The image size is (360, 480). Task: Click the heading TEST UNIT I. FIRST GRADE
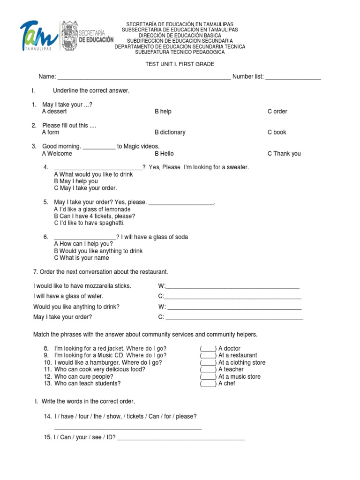click(180, 64)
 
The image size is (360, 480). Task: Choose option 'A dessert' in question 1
click(54, 112)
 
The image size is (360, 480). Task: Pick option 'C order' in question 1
click(277, 112)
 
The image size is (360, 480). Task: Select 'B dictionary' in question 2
click(170, 133)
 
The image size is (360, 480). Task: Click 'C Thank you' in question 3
click(284, 154)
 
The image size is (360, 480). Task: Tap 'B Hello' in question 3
click(164, 154)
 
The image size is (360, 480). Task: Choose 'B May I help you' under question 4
click(76, 181)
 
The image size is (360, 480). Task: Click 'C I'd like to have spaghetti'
click(89, 223)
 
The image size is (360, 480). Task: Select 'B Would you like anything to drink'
click(98, 251)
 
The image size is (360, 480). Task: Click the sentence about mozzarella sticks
click(82, 286)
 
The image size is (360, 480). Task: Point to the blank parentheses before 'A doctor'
click(208, 348)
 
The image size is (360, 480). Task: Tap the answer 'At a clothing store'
click(241, 362)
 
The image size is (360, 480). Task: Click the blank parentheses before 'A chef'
click(208, 383)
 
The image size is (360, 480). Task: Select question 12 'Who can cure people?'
click(83, 376)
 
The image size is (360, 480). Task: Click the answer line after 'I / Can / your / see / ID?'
click(181, 439)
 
